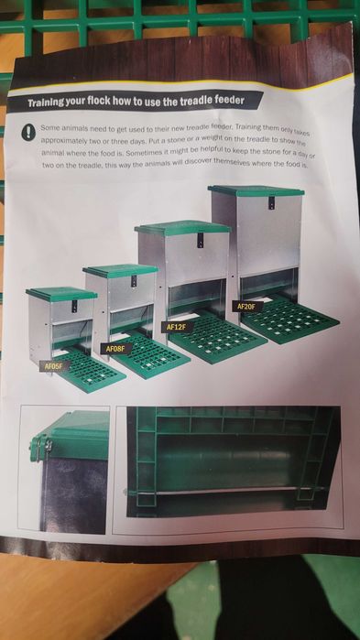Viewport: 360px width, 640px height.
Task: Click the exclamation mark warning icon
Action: click(x=28, y=132)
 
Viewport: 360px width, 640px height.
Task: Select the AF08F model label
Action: click(x=115, y=349)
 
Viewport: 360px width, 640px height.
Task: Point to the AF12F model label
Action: click(x=177, y=327)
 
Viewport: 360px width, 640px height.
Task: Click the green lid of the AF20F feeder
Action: click(x=256, y=191)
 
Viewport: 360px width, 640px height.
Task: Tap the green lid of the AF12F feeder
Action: click(x=183, y=227)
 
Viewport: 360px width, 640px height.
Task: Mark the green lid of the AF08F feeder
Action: click(x=121, y=271)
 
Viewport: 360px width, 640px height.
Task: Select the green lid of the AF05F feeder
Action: click(x=61, y=294)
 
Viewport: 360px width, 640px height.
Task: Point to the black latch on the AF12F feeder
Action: click(x=201, y=240)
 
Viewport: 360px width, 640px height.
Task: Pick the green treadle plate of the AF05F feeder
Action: click(x=89, y=371)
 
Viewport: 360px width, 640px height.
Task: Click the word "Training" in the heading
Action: click(x=52, y=103)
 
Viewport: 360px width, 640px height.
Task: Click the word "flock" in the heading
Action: click(x=112, y=103)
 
